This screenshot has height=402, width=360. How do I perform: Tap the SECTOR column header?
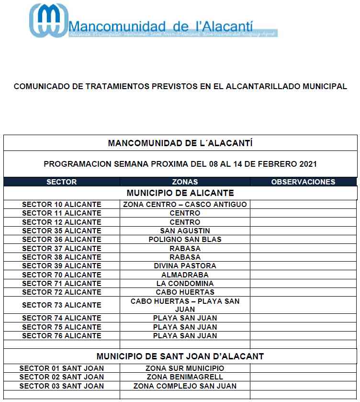(x=61, y=182)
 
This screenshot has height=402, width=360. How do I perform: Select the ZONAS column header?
(x=185, y=182)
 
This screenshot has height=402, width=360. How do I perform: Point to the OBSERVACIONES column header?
(x=303, y=182)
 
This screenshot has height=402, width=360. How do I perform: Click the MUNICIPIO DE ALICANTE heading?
(x=180, y=193)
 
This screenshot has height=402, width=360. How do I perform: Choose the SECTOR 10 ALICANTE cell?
(x=62, y=205)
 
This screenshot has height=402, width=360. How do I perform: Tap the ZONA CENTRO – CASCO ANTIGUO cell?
(x=185, y=205)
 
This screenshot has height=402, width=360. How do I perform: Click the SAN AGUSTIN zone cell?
(x=185, y=231)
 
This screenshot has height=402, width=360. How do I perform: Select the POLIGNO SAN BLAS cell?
(x=185, y=240)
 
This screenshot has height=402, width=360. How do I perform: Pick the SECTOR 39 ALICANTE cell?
(x=62, y=266)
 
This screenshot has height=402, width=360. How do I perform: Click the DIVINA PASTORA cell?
(x=185, y=266)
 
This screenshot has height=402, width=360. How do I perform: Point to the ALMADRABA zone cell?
(x=185, y=275)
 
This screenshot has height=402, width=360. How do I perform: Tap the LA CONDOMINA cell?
(x=185, y=284)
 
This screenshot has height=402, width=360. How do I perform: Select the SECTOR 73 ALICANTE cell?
(x=62, y=305)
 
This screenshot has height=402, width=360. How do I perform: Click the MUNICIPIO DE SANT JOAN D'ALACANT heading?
(x=180, y=356)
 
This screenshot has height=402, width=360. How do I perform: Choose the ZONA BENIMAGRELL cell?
(x=185, y=377)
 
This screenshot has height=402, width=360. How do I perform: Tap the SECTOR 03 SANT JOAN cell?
(x=62, y=386)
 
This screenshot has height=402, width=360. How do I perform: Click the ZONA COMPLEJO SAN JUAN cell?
(x=185, y=386)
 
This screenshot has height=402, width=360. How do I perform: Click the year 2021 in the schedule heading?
(x=307, y=164)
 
